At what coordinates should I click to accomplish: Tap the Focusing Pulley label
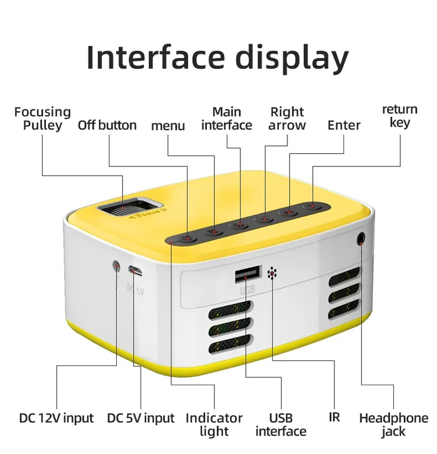click(43, 119)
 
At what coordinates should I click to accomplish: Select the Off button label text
click(107, 125)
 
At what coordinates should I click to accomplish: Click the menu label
click(168, 125)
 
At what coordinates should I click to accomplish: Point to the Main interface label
click(227, 119)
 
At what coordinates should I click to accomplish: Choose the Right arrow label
click(287, 119)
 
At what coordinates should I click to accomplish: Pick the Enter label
click(344, 125)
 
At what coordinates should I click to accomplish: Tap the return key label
click(400, 116)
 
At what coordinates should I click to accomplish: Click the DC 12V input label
click(56, 419)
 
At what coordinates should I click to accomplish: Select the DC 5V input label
click(141, 419)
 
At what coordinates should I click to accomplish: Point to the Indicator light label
click(214, 425)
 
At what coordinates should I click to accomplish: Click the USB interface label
click(281, 425)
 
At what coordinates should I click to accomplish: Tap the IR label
click(334, 417)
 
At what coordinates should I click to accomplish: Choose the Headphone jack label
click(393, 425)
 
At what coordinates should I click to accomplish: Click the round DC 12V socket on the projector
click(116, 265)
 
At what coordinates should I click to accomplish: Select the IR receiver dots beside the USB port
click(273, 274)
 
